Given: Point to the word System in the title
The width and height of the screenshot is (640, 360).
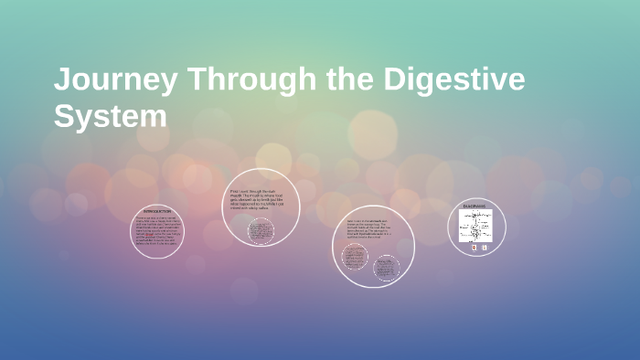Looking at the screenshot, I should pyautogui.click(x=111, y=118).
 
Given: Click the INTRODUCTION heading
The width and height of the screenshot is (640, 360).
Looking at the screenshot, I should pyautogui.click(x=157, y=212).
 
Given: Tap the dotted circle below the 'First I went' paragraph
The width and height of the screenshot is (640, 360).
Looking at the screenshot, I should pyautogui.click(x=259, y=231).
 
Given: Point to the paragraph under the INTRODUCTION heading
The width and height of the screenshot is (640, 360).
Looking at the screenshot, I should pyautogui.click(x=157, y=234).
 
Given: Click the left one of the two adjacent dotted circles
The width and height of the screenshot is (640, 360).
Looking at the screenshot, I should pyautogui.click(x=355, y=257).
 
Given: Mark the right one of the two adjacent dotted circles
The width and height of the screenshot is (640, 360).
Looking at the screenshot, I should pyautogui.click(x=387, y=268).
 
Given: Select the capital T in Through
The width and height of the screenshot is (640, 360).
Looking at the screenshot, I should pyautogui.click(x=197, y=80).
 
